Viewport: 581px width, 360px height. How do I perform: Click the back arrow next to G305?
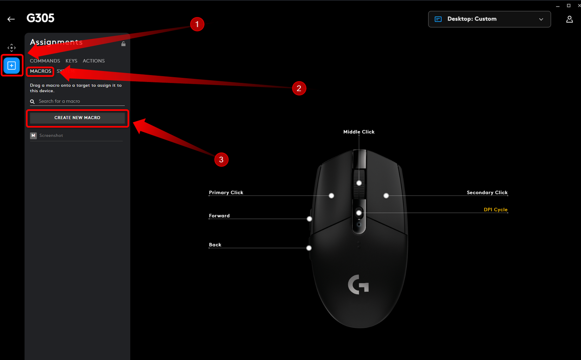coord(11,19)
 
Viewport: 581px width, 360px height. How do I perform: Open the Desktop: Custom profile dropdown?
coord(489,19)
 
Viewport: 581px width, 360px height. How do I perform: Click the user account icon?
coord(569,19)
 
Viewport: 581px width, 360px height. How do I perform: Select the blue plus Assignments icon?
coord(12,66)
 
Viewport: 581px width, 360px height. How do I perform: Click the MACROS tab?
coord(40,71)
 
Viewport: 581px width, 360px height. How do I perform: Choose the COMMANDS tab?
coord(45,61)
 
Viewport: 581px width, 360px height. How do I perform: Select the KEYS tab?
coord(71,61)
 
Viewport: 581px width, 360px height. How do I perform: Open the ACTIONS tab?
coord(94,61)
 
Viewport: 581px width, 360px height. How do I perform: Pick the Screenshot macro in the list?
coord(51,136)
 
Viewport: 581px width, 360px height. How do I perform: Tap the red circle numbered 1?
coord(197,24)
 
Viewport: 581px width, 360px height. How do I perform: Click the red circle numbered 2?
coord(299,88)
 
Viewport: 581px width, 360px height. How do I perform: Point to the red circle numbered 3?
coord(221,160)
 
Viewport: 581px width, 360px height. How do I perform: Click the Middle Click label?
coord(359,132)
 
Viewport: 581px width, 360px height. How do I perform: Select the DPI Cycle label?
coord(495,210)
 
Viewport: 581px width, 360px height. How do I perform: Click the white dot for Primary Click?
coord(331,195)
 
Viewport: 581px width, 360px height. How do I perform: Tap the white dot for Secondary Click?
coord(386,195)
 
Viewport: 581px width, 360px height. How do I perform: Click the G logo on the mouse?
coord(358,285)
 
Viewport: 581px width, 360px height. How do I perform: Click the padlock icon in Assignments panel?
coord(123,44)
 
